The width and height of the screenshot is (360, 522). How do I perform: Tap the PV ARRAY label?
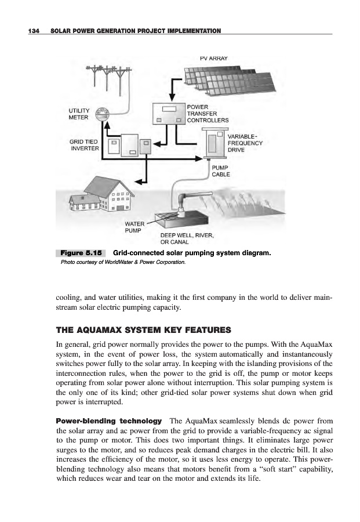click(213, 59)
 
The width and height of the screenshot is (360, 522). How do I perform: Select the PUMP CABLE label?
click(221, 170)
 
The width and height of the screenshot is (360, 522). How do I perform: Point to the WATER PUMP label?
click(134, 226)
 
